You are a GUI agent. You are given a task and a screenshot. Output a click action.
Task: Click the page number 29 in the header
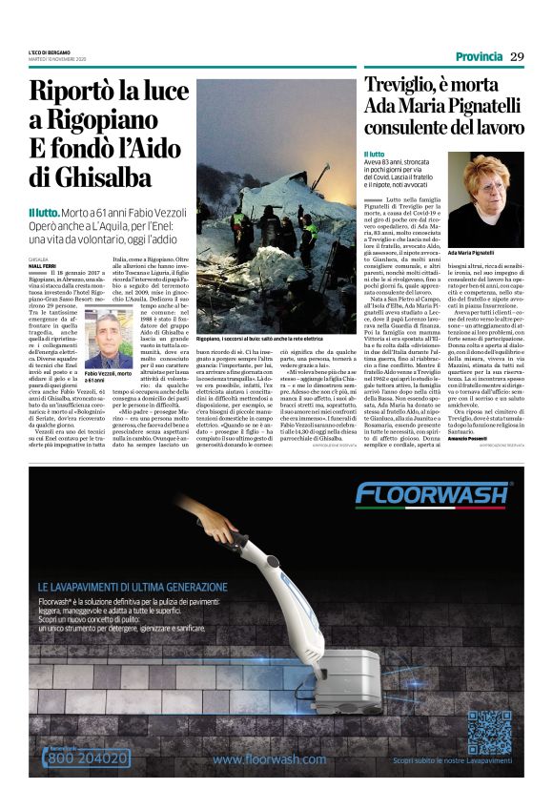pos(517,55)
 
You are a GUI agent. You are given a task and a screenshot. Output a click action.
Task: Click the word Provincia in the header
pos(478,55)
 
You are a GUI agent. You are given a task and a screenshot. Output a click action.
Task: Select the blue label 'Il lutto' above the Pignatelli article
pos(375,154)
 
